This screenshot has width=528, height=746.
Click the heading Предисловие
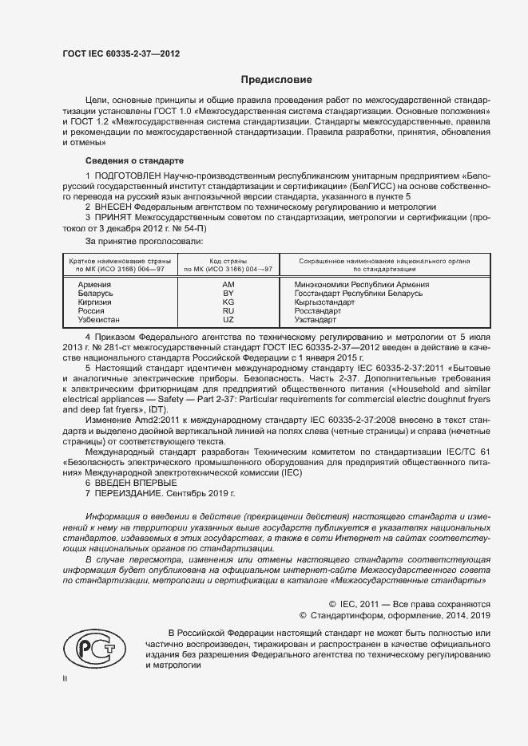[277, 80]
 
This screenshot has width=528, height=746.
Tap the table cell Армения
[95, 285]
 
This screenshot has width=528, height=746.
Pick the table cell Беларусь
[96, 294]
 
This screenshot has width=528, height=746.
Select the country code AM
[228, 285]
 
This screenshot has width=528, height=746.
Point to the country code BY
[228, 294]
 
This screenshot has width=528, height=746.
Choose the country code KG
[228, 302]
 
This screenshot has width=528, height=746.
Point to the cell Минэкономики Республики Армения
[361, 285]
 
